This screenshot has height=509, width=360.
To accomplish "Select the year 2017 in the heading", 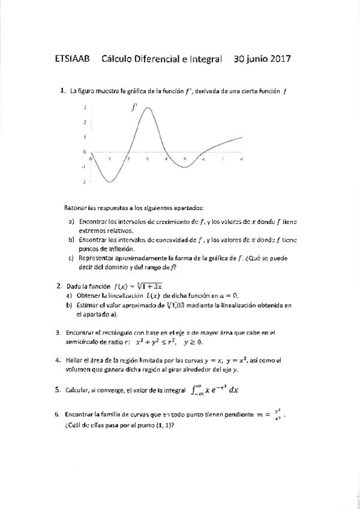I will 278,59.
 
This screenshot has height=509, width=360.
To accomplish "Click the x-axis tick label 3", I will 146,159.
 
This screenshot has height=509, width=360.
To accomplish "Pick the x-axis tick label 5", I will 185,159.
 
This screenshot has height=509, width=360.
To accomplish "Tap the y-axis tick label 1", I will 85,137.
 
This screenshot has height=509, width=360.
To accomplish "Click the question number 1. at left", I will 63,91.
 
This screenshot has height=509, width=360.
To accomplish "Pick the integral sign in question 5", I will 194,390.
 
